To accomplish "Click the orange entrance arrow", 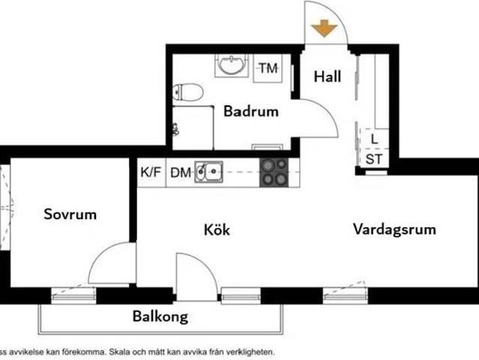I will pyautogui.click(x=323, y=28).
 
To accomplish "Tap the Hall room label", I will pyautogui.click(x=328, y=76).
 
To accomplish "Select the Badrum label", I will pyautogui.click(x=251, y=112).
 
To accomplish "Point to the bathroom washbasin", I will pyautogui.click(x=231, y=67).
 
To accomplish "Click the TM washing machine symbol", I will pyautogui.click(x=268, y=68).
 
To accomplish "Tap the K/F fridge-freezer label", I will pyautogui.click(x=151, y=172).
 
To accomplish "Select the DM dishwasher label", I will pyautogui.click(x=180, y=172).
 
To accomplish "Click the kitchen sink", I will pyautogui.click(x=209, y=172).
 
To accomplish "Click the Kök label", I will pyautogui.click(x=217, y=230).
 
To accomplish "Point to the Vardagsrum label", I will pyautogui.click(x=394, y=229).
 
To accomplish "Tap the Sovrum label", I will pyautogui.click(x=70, y=214).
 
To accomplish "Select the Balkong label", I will pyautogui.click(x=160, y=316).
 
